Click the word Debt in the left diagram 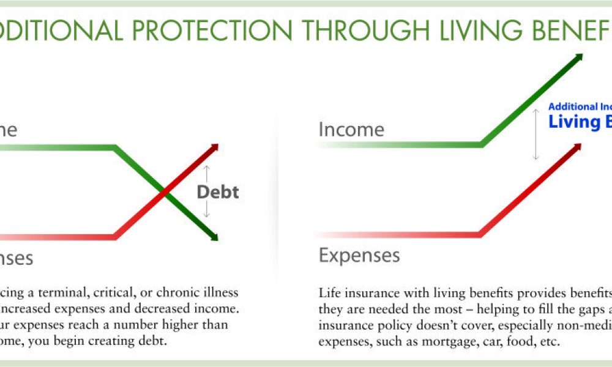[x=217, y=193]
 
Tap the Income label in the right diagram [x=351, y=130]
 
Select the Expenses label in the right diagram [x=359, y=254]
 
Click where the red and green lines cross [x=163, y=193]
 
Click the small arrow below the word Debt [x=206, y=210]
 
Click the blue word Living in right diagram [x=566, y=121]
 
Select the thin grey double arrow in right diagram [x=536, y=134]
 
